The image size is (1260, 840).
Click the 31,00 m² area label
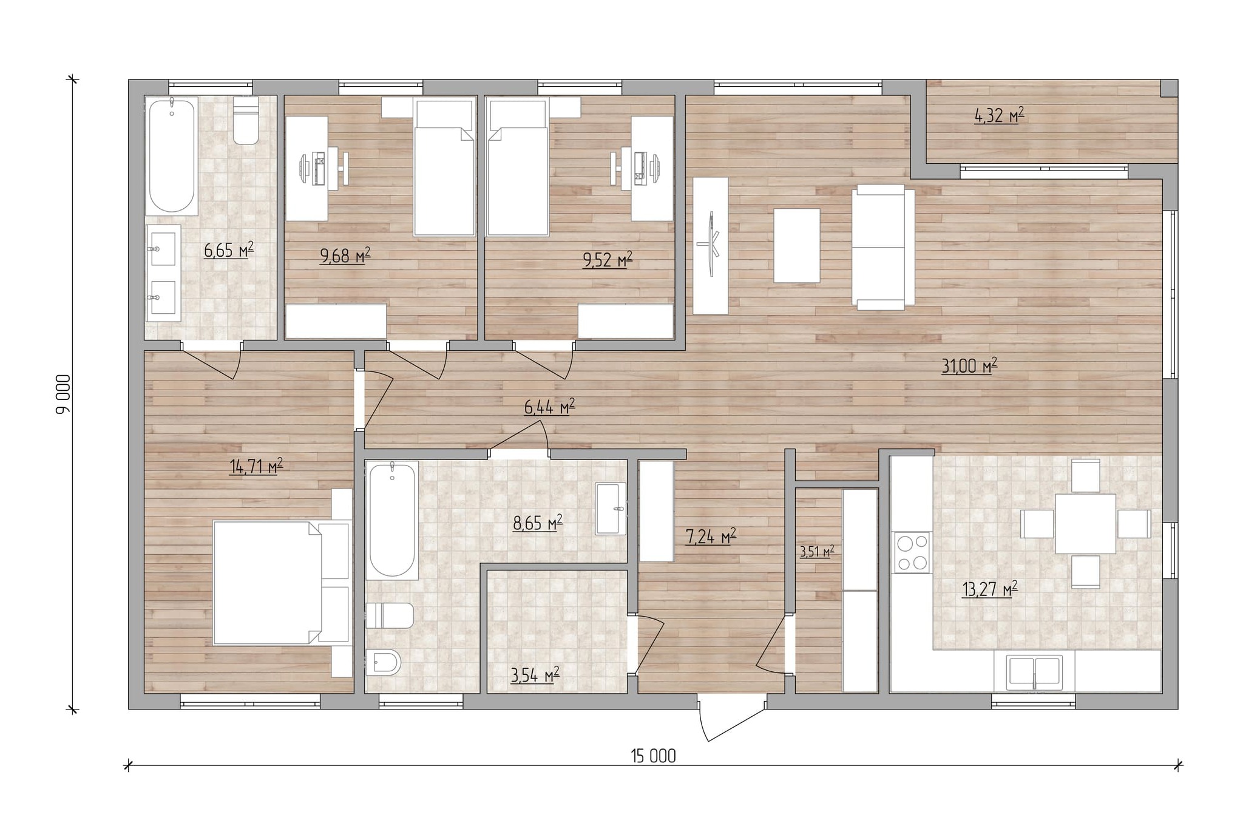pyautogui.click(x=969, y=365)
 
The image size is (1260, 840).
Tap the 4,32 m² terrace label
pyautogui.click(x=999, y=115)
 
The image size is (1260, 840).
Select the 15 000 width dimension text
pyautogui.click(x=653, y=756)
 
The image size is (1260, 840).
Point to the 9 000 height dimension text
pyautogui.click(x=63, y=394)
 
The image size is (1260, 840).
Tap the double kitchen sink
pyautogui.click(x=1034, y=672)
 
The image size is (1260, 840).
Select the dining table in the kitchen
pyautogui.click(x=1085, y=524)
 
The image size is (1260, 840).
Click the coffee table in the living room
pyautogui.click(x=797, y=245)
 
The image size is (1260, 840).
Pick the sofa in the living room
pyautogui.click(x=883, y=247)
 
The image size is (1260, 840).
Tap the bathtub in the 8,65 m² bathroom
pyautogui.click(x=392, y=521)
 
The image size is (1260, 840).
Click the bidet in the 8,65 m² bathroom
pyautogui.click(x=384, y=662)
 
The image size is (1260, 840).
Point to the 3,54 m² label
pyautogui.click(x=535, y=675)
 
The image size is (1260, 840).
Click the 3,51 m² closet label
pyautogui.click(x=817, y=552)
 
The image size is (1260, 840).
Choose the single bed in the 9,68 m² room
pyautogui.click(x=444, y=167)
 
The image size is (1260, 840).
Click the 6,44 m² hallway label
pyautogui.click(x=549, y=407)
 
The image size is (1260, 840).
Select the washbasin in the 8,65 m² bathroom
pyautogui.click(x=610, y=509)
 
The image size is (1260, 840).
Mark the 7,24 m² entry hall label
pyautogui.click(x=711, y=537)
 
